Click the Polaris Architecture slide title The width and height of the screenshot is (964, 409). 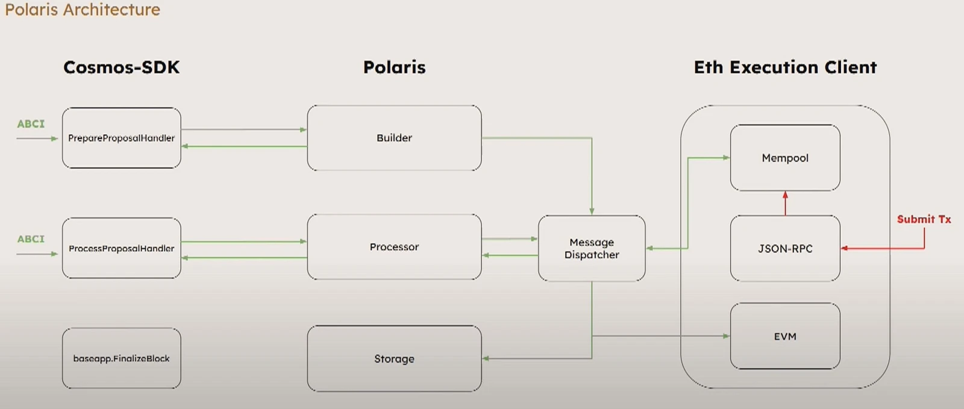83,10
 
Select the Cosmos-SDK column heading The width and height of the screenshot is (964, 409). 121,67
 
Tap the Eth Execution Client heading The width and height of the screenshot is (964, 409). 785,67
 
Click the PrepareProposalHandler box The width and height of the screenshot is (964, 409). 121,138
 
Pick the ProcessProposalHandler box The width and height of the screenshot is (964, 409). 121,248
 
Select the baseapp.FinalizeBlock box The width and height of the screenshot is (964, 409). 121,358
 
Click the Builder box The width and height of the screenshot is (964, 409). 394,138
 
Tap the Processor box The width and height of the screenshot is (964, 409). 394,247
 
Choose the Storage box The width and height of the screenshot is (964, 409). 394,359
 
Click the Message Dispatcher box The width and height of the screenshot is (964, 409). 591,248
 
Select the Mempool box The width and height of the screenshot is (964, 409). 784,158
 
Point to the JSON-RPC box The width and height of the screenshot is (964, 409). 784,248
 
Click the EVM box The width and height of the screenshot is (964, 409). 784,336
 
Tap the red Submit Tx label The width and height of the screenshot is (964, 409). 924,219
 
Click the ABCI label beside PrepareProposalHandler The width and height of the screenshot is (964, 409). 31,123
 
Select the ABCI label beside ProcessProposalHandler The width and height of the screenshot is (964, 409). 31,239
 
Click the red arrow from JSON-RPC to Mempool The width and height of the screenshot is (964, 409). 785,204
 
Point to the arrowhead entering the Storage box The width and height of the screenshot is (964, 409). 486,358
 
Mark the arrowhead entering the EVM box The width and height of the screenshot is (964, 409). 726,336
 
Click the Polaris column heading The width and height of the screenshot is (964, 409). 394,67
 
